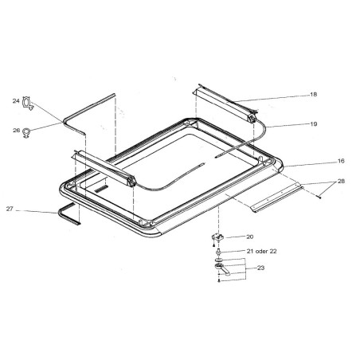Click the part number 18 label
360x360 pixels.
313,94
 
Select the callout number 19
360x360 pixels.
314,123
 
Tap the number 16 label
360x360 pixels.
341,161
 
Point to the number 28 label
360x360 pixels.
341,181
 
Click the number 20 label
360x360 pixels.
250,237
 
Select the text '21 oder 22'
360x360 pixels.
261,251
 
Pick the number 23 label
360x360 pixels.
260,268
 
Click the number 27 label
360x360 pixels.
10,209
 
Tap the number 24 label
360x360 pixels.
16,101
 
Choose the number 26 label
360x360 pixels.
16,130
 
